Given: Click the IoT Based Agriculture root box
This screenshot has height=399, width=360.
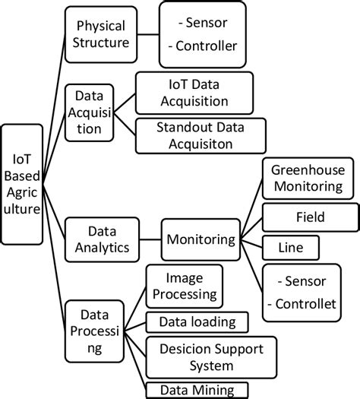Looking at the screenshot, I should click(x=23, y=183).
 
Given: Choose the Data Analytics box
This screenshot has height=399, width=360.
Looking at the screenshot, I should click(x=99, y=238).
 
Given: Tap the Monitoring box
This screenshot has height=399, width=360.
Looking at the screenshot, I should click(x=201, y=239).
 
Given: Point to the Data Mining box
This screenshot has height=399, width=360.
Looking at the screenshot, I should click(x=197, y=390).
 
